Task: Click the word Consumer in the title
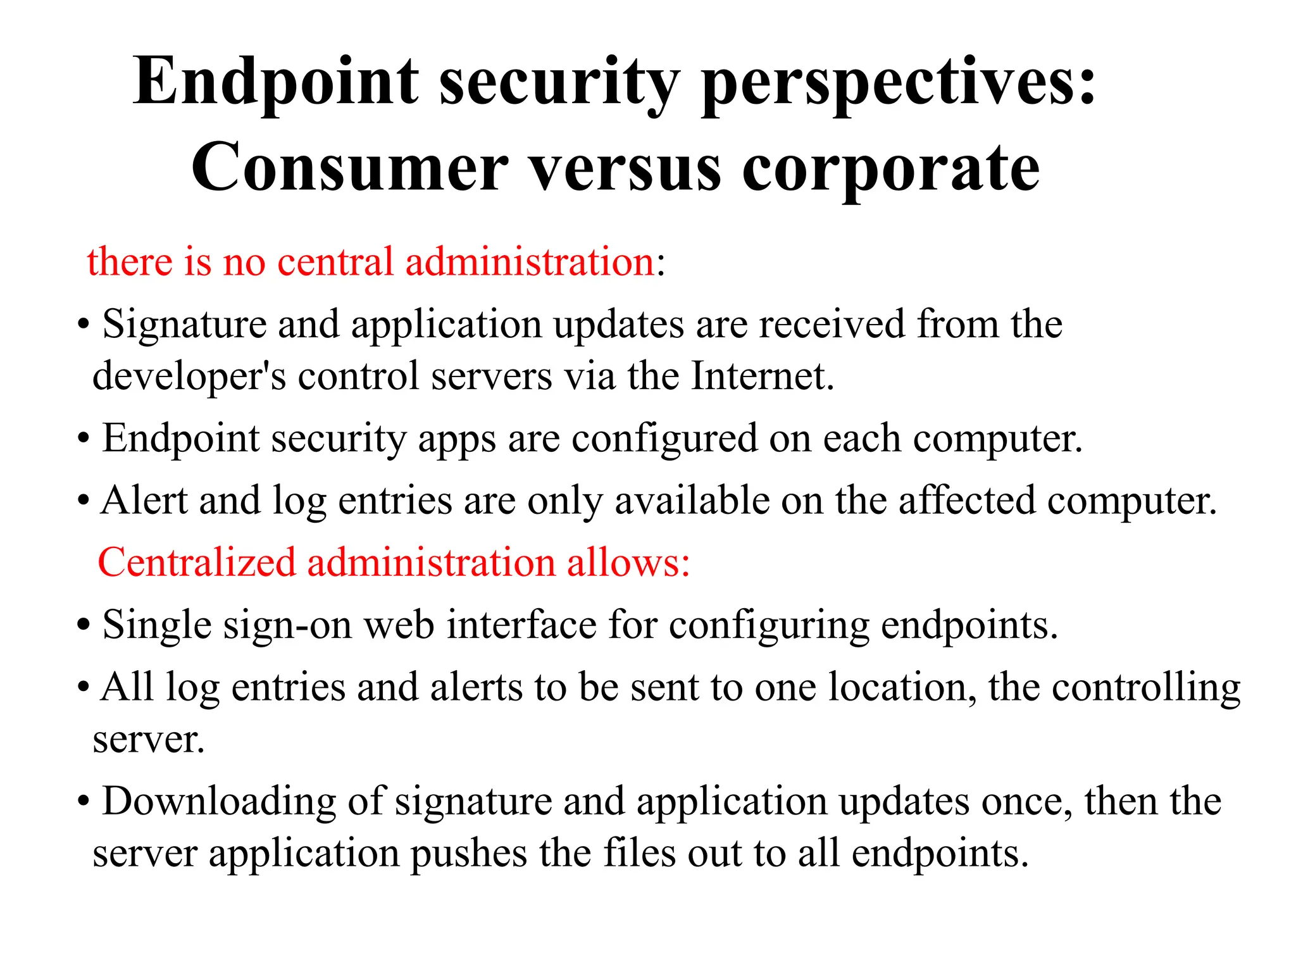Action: tap(349, 168)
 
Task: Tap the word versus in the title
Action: tap(625, 168)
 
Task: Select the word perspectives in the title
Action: tap(899, 82)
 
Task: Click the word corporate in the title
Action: tap(890, 168)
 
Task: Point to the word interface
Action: tap(521, 625)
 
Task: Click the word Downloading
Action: tap(219, 801)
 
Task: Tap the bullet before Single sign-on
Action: tap(83, 626)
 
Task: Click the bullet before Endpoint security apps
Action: tap(83, 439)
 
